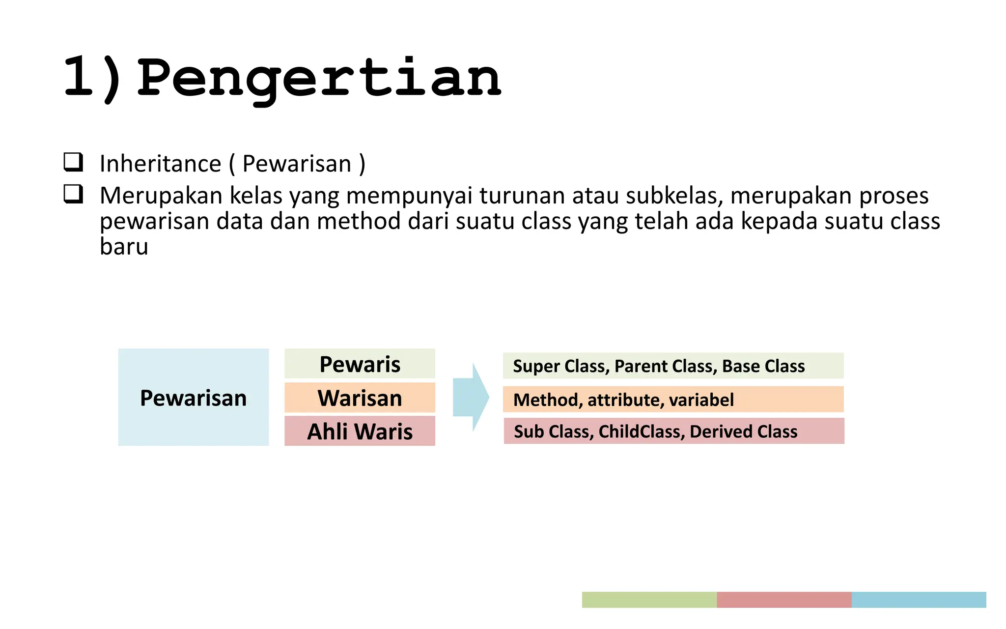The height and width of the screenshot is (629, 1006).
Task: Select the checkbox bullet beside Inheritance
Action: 73,162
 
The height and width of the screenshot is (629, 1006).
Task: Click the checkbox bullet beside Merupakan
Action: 73,194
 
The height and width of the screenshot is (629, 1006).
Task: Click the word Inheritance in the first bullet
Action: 160,164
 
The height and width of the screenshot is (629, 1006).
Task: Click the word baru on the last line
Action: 124,247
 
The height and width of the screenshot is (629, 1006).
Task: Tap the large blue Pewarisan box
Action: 193,397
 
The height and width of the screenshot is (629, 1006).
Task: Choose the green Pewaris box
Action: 360,364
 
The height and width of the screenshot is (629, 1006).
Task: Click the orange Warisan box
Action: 360,398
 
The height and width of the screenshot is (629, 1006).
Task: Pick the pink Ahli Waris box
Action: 360,431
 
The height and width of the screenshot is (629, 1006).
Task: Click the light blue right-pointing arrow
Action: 471,397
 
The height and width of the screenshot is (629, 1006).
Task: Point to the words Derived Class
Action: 743,431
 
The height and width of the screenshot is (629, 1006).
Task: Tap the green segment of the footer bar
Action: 649,600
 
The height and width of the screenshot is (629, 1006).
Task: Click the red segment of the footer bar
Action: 783,600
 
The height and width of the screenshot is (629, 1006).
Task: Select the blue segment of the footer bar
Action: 919,600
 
